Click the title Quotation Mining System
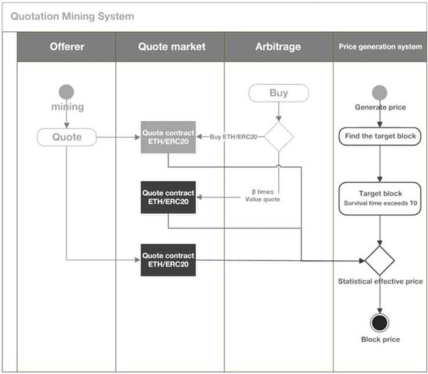pos(72,17)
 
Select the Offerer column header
pos(67,47)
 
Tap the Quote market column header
pos(171,47)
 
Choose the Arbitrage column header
pos(279,47)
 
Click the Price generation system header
pos(380,47)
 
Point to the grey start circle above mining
pos(67,92)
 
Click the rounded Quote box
pos(67,137)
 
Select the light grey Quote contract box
pos(168,137)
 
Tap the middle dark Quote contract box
pos(168,197)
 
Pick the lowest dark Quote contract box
pos(168,260)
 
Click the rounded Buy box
pos(279,93)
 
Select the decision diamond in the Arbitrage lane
pos(279,137)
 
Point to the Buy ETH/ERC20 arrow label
pos(233,137)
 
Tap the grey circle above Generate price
pos(380,92)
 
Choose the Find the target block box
pos(380,136)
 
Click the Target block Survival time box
pos(380,198)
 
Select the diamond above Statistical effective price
pos(380,261)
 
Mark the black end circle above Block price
pos(380,322)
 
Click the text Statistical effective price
pos(380,282)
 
